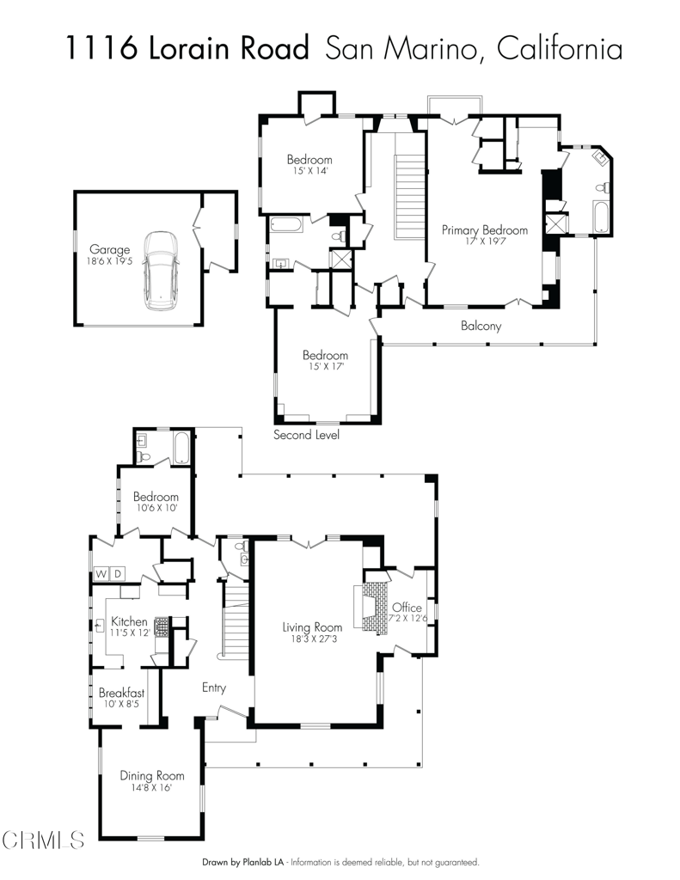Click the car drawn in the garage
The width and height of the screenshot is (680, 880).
coord(160,271)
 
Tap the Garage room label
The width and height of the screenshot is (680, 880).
coord(109,250)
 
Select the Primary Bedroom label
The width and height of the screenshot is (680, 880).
coord(484,230)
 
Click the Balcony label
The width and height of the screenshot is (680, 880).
coord(481,326)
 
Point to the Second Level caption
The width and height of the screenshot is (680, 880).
coord(306,435)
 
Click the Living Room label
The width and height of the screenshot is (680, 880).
coord(312,627)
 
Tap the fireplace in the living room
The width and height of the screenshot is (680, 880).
coord(370,608)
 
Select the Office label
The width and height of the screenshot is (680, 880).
coord(408,608)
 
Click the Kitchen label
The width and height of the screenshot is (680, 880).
coord(128,621)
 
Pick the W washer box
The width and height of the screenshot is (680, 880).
coord(101,573)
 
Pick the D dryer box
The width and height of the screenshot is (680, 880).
coord(118,573)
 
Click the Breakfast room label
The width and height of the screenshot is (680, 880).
coord(121,693)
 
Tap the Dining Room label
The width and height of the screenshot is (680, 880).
coord(151,775)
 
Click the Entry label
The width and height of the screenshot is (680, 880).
coord(214,687)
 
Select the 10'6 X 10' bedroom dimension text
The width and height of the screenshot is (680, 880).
coord(156,508)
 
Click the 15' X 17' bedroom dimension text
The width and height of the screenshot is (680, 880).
coord(325,366)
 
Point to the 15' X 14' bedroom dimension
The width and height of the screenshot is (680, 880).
coord(309,171)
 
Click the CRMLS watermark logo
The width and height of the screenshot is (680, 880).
coord(43,839)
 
